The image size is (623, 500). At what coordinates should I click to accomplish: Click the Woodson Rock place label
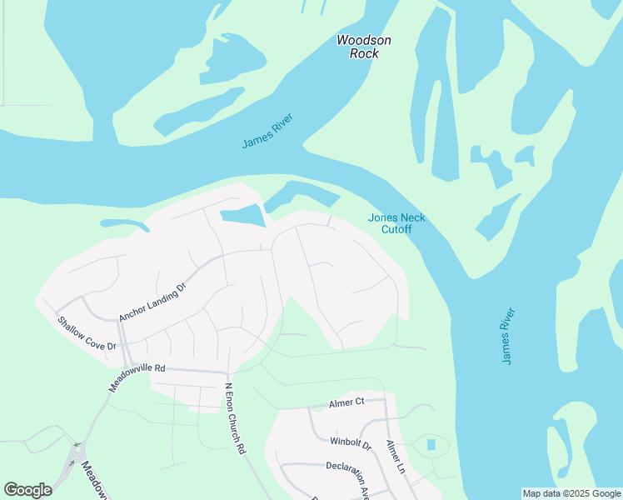pos(363,47)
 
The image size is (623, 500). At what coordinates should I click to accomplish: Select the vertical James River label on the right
pos(509,336)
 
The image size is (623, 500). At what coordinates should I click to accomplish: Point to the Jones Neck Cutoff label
pos(396,223)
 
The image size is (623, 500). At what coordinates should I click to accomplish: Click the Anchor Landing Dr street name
pos(152,301)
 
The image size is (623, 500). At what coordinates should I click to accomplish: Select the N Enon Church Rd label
pos(235,418)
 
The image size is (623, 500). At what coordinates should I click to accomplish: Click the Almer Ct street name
pos(346,402)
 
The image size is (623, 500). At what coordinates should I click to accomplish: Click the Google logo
pos(27,490)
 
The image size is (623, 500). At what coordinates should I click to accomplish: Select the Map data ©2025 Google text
pos(571,493)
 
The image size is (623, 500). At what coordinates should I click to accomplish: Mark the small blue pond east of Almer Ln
pos(431,445)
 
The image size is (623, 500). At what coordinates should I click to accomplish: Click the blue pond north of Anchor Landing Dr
pos(242,216)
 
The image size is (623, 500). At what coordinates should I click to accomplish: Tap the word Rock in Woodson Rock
pos(363,53)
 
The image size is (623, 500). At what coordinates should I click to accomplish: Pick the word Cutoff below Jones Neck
pos(396,229)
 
